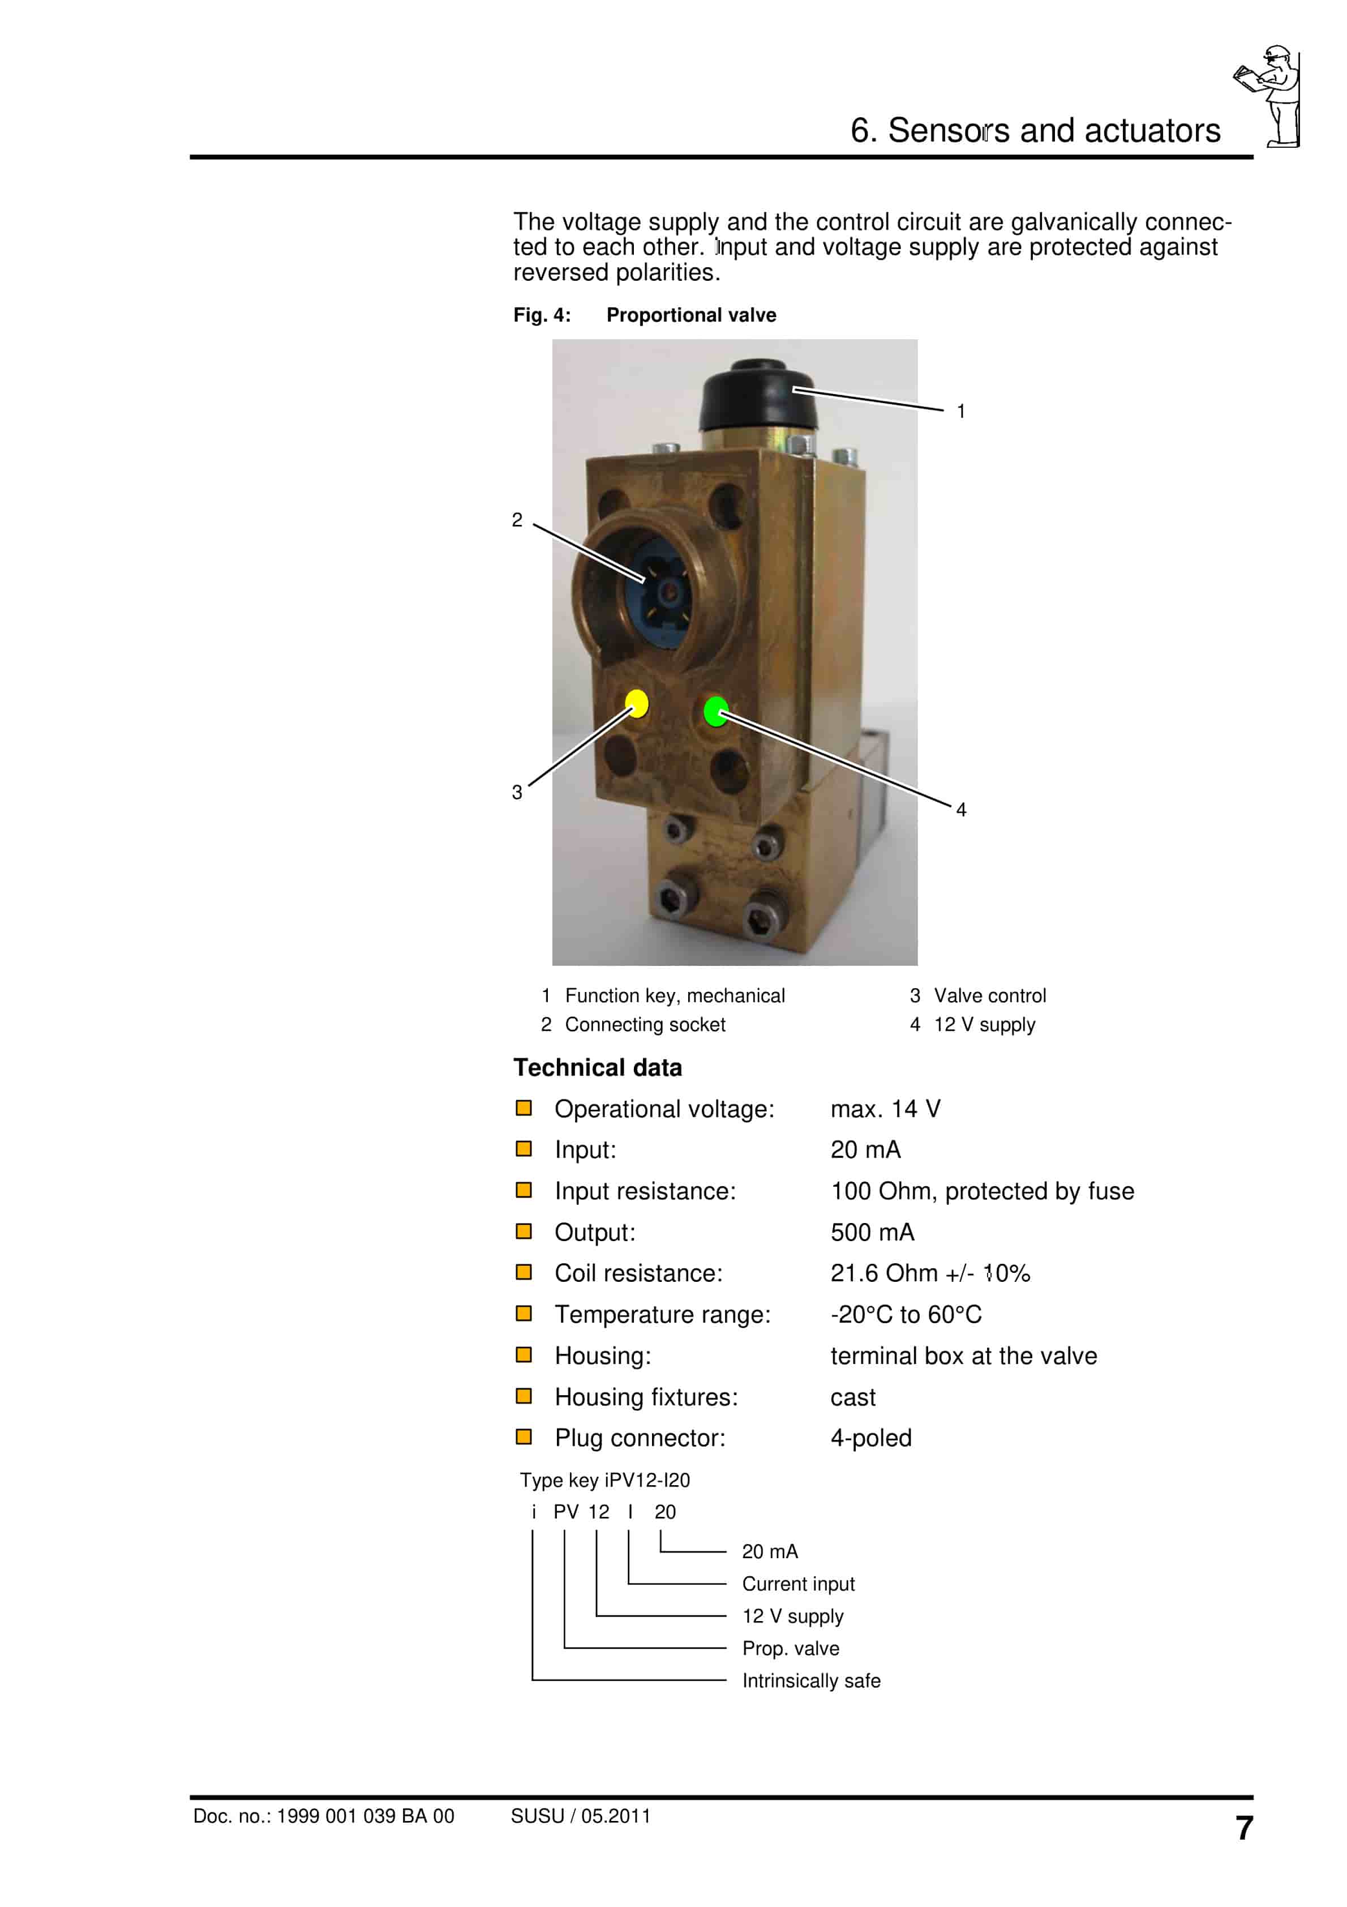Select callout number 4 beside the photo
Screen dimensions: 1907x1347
[x=961, y=810]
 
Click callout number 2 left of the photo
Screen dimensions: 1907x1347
[x=517, y=520]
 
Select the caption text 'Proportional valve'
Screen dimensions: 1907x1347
[x=691, y=315]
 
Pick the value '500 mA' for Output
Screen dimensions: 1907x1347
[x=872, y=1233]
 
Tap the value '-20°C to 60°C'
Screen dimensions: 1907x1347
[x=906, y=1315]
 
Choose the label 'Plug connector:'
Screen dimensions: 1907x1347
[x=640, y=1439]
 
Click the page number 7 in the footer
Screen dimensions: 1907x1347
[x=1243, y=1828]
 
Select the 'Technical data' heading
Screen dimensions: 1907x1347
[x=597, y=1068]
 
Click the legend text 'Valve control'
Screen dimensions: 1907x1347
[x=989, y=996]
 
